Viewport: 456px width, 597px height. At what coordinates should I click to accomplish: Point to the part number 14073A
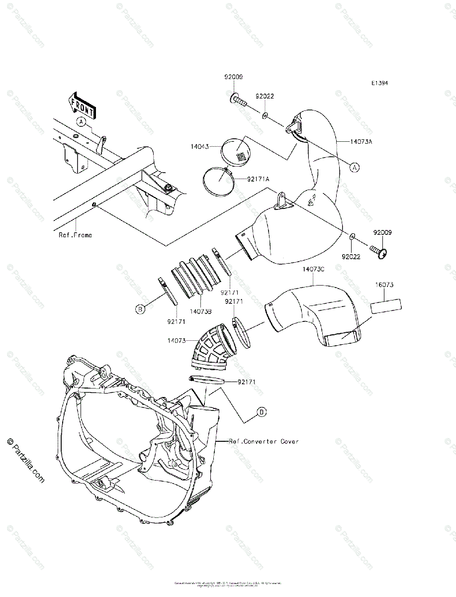pyautogui.click(x=362, y=142)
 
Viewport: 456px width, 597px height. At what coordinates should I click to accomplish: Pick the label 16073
pyautogui.click(x=384, y=285)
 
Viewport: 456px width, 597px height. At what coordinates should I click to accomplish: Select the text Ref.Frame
pyautogui.click(x=75, y=235)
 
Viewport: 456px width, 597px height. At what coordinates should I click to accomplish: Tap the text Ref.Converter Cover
pyautogui.click(x=264, y=441)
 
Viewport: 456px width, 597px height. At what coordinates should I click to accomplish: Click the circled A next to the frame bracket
pyautogui.click(x=81, y=121)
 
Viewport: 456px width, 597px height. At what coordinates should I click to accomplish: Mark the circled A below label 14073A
pyautogui.click(x=355, y=168)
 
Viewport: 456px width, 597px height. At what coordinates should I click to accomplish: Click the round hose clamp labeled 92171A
pyautogui.click(x=217, y=180)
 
